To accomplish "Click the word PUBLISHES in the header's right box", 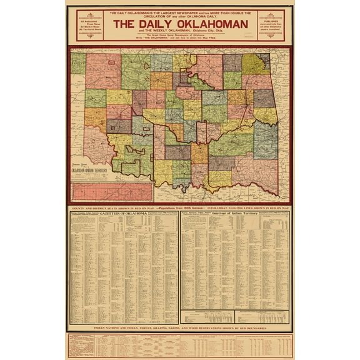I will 274,21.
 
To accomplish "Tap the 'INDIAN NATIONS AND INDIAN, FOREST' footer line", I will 179,327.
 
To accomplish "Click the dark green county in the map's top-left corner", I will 78,63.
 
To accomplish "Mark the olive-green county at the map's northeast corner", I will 256,64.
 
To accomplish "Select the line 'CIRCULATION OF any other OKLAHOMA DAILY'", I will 180,16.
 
